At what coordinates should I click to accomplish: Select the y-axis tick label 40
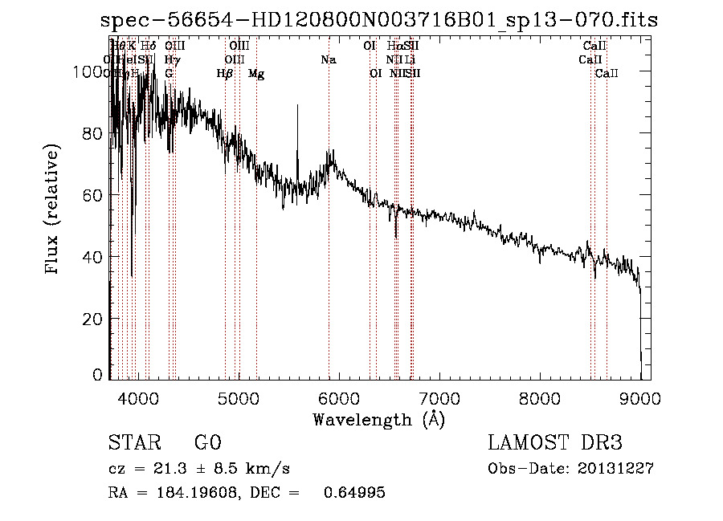click(93, 257)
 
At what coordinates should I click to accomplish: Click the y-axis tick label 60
click(93, 195)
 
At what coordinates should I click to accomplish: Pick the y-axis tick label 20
click(93, 319)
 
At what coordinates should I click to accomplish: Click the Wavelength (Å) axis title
click(378, 419)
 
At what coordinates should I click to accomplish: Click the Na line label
click(328, 59)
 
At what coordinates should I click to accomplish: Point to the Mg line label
click(256, 74)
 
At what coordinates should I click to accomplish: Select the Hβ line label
click(225, 74)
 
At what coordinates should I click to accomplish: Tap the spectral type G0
click(207, 443)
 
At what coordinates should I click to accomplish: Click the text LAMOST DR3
click(555, 443)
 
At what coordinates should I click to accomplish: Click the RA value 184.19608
click(200, 493)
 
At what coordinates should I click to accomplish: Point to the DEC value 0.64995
click(354, 493)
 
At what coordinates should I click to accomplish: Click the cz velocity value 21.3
click(170, 469)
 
